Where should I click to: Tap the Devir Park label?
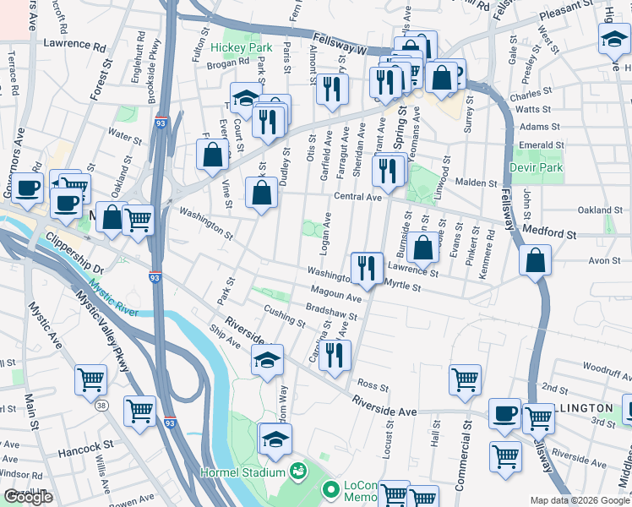point(536,167)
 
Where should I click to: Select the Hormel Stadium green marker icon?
point(297,471)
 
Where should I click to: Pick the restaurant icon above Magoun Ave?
point(366,268)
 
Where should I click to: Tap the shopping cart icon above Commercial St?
point(465,379)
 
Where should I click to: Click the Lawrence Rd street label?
point(74,43)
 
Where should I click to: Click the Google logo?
point(28,497)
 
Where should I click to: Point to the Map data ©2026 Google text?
point(579,500)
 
